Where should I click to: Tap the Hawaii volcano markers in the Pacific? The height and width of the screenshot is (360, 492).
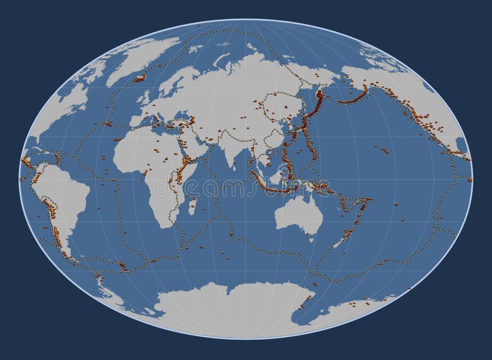coord(385,150)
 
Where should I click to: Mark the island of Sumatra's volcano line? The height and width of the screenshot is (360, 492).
coord(261,178)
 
